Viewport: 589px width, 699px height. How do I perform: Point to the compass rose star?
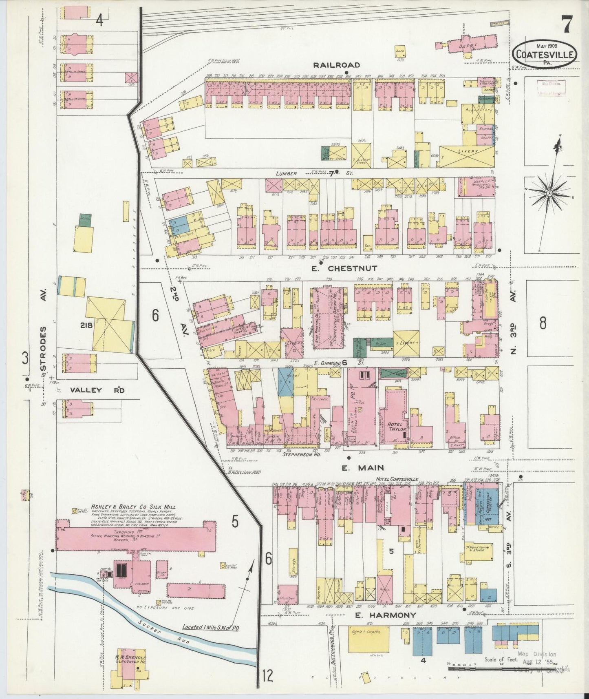pyautogui.click(x=549, y=192)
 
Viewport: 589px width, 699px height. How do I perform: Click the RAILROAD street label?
pyautogui.click(x=337, y=65)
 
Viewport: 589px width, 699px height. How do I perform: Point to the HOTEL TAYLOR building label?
pyautogui.click(x=395, y=426)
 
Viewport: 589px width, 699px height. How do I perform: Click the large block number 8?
pyautogui.click(x=543, y=323)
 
